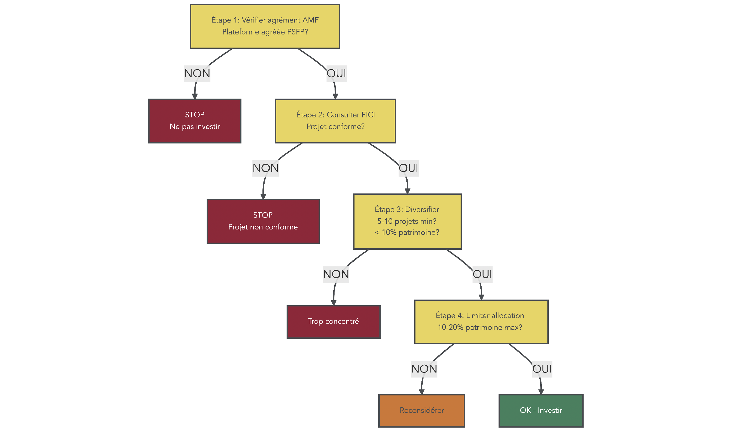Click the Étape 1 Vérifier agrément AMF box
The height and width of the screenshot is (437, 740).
265,26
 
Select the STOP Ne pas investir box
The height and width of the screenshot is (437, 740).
195,121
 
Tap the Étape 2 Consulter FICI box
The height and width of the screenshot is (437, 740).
335,121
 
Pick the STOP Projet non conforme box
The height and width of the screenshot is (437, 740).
263,221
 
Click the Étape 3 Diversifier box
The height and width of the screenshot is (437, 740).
407,221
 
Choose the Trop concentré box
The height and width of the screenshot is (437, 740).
334,322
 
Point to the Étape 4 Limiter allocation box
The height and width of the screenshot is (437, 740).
481,322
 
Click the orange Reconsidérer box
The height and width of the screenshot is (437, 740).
422,411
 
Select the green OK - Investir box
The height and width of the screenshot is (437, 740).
541,411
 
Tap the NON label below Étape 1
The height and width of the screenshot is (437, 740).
197,74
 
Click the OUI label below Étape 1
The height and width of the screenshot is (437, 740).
336,74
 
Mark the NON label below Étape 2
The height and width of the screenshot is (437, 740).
266,168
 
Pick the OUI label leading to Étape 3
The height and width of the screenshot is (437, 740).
409,168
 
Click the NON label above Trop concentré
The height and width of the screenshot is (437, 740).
336,275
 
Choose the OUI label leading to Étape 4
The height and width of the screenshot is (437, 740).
482,275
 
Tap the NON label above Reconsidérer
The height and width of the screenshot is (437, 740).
424,369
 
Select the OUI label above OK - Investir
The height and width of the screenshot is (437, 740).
542,369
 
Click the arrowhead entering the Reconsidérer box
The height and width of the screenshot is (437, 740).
422,392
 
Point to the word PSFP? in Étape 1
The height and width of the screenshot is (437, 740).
298,32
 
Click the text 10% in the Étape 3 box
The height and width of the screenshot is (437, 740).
389,233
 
